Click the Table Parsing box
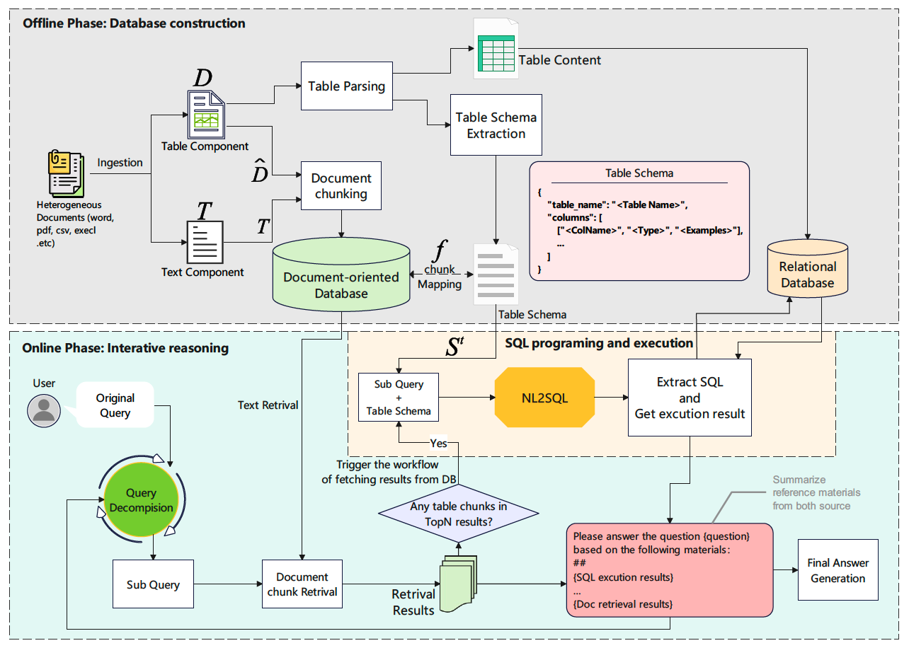click(347, 86)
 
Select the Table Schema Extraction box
click(496, 125)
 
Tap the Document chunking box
click(341, 186)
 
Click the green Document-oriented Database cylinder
click(341, 274)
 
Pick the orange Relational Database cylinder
click(808, 268)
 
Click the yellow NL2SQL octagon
click(544, 398)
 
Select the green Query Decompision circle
click(141, 499)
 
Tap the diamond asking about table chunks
click(459, 514)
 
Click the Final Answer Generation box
click(838, 569)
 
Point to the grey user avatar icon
click(44, 410)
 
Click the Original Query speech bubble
click(115, 405)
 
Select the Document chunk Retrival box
click(302, 584)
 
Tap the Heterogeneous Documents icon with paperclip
click(66, 173)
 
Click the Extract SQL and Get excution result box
click(690, 398)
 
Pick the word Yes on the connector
click(439, 444)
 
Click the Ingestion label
click(120, 163)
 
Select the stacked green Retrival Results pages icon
click(459, 584)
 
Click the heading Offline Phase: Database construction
click(134, 23)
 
